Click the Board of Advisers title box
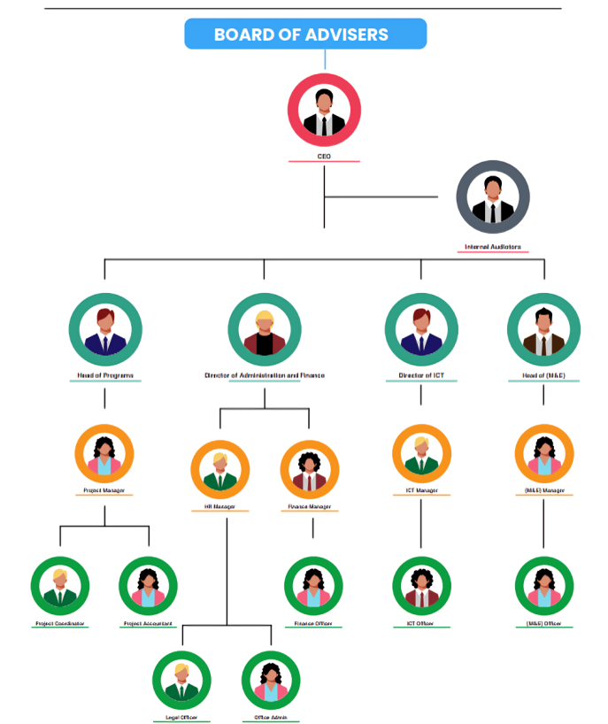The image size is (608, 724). pyautogui.click(x=305, y=35)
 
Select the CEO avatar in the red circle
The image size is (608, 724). pyautogui.click(x=324, y=109)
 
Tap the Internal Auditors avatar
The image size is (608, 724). pyautogui.click(x=493, y=196)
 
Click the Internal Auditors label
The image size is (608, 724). pyautogui.click(x=493, y=247)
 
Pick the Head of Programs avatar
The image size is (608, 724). pyautogui.click(x=105, y=329)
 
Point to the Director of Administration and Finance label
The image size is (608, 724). pyautogui.click(x=264, y=375)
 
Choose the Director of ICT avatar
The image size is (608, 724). pyautogui.click(x=421, y=329)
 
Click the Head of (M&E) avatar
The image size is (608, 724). pyautogui.click(x=543, y=329)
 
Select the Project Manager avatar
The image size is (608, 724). pyautogui.click(x=104, y=454)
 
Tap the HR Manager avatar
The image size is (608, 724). pyautogui.click(x=219, y=470)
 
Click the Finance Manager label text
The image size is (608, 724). pyautogui.click(x=310, y=507)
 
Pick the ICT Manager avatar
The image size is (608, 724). pyautogui.click(x=421, y=454)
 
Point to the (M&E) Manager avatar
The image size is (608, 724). pyautogui.click(x=544, y=454)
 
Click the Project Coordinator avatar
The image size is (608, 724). pyautogui.click(x=60, y=585)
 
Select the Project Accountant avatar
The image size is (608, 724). pyautogui.click(x=148, y=585)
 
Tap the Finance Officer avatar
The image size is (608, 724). pyautogui.click(x=313, y=585)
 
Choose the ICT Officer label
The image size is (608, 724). pyautogui.click(x=421, y=624)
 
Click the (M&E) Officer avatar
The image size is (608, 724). pyautogui.click(x=544, y=585)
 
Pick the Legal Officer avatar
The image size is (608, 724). pyautogui.click(x=181, y=680)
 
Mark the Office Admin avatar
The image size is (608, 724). pyautogui.click(x=271, y=680)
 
